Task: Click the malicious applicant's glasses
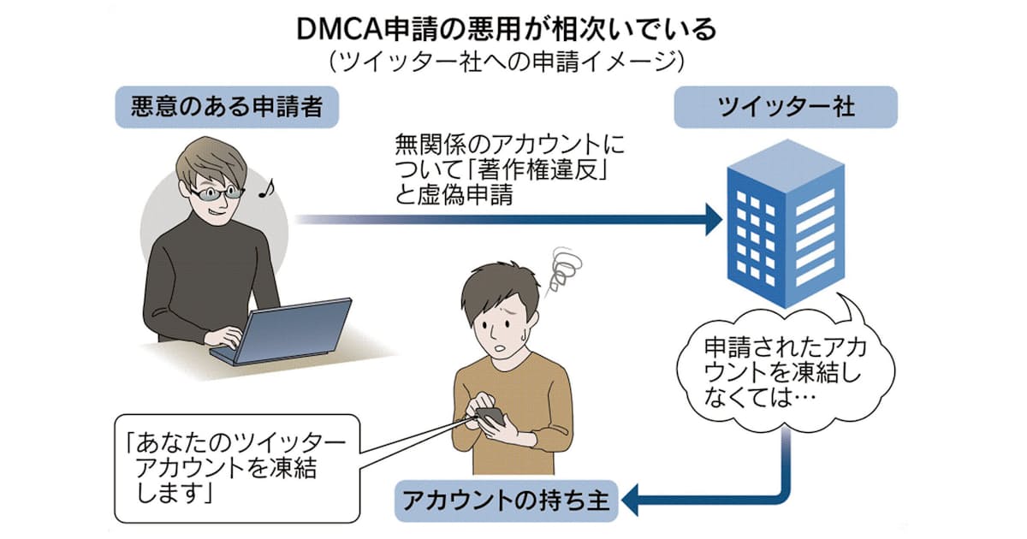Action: pyautogui.click(x=214, y=193)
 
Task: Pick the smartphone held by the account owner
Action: pyautogui.click(x=490, y=417)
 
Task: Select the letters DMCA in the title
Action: pyautogui.click(x=339, y=29)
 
